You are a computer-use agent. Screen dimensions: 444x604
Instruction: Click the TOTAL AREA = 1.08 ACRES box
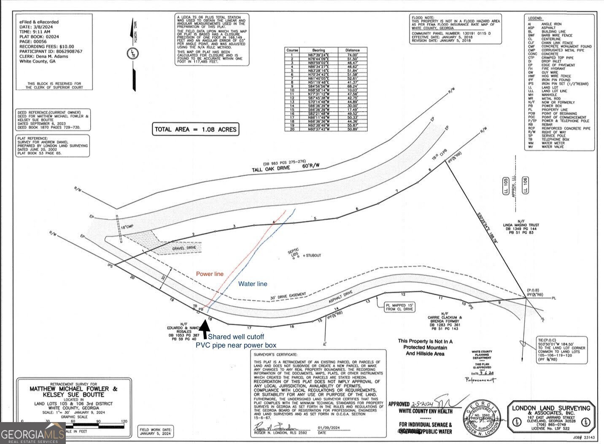click(196, 129)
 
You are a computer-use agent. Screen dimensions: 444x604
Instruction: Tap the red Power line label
click(210, 274)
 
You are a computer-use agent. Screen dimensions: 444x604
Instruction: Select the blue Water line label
click(253, 284)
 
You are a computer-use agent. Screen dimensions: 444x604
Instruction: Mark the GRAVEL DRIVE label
click(184, 248)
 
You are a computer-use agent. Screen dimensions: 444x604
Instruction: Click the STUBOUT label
click(313, 256)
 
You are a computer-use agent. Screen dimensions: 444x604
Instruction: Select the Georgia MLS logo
click(32, 433)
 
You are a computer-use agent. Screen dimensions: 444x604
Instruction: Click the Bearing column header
click(318, 50)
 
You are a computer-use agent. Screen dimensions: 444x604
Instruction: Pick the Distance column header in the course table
click(352, 50)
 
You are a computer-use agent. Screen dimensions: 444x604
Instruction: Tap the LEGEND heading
click(535, 19)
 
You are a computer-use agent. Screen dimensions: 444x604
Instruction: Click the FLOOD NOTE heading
click(423, 17)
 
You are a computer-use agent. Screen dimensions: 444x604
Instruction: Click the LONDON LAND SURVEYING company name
click(551, 408)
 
